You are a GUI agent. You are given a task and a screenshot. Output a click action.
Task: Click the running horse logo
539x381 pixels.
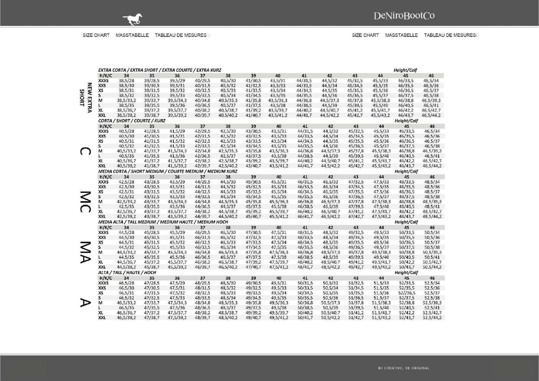coord(132,20)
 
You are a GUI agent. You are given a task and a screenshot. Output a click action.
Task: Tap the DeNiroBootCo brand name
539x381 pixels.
coord(404,16)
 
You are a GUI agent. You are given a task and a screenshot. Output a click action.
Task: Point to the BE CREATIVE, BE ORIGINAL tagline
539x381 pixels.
coord(404,368)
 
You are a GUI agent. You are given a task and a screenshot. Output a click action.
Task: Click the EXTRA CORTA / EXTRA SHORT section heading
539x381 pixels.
coord(160,70)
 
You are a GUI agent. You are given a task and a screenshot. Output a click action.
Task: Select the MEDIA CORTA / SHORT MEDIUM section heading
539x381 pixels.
coord(168,171)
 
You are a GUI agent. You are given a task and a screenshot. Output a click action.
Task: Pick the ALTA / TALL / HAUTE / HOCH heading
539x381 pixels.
coord(127,273)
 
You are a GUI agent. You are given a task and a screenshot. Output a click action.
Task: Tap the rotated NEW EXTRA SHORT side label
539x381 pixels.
coord(85,98)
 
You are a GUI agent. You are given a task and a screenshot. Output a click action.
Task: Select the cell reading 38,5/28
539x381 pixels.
coord(126,81)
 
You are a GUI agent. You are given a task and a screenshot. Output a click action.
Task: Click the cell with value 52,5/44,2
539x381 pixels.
coord(432,317)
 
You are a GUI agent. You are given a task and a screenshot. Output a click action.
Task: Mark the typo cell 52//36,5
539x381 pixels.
coord(406,293)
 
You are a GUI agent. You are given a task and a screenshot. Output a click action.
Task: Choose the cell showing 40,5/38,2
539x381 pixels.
coord(126,166)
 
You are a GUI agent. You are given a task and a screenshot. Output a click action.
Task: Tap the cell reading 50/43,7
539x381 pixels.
coord(406,267)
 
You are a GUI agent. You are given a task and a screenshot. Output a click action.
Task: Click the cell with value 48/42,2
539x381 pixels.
coord(406,211)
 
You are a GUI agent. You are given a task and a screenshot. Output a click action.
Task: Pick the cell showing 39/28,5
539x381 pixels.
coord(152,81)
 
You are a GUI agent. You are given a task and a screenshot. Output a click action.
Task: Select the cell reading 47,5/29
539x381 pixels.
coord(177,283)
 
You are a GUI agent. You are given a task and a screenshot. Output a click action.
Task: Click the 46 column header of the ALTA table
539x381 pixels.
coord(432,278)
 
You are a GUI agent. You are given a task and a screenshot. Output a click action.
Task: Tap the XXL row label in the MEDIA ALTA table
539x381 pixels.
coord(102,267)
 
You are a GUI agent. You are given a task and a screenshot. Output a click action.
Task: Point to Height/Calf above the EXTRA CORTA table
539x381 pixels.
coord(405,70)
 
